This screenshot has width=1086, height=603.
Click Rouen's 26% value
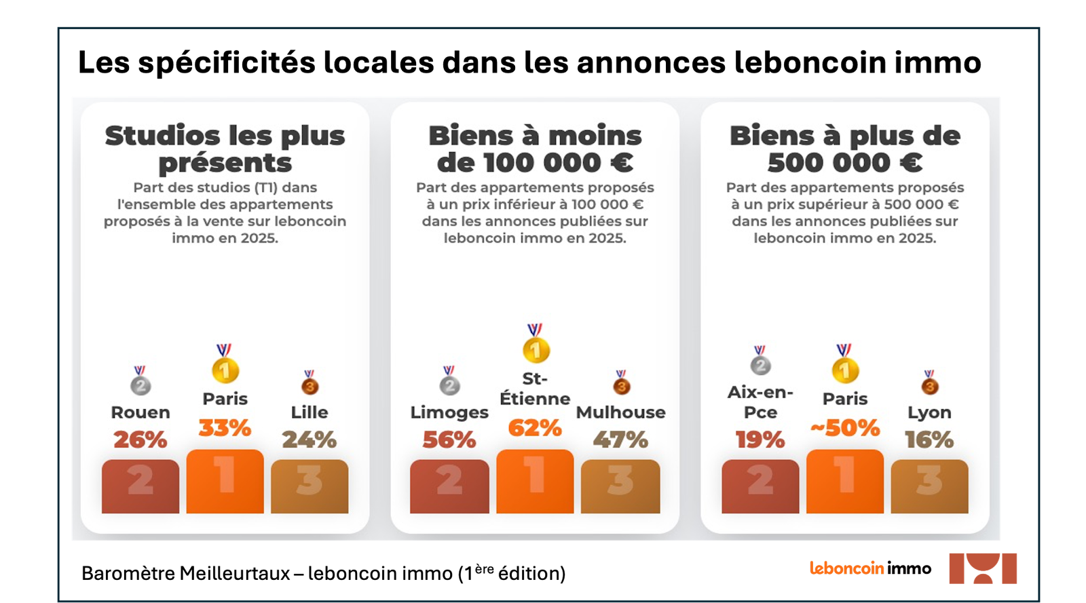(140, 440)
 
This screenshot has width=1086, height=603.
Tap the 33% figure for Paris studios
(225, 428)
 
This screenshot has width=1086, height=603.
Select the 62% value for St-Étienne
(535, 428)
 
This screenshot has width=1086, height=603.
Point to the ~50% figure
(844, 428)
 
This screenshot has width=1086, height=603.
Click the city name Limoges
(449, 412)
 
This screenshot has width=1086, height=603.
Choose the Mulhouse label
(620, 412)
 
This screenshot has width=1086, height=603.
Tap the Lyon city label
(929, 412)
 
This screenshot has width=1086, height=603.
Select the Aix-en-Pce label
(760, 402)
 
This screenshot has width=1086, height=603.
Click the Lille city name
(310, 412)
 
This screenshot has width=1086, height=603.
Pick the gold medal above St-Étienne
(536, 343)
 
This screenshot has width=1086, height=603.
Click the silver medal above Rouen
(140, 381)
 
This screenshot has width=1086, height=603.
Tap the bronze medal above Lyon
(929, 382)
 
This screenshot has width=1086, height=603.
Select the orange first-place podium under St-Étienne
(535, 482)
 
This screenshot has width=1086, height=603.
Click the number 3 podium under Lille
(310, 486)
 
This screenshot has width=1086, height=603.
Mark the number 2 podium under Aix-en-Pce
(760, 486)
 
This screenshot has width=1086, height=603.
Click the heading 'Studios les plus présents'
(225, 149)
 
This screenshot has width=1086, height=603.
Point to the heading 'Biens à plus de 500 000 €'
(844, 149)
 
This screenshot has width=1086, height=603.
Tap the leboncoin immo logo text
(870, 568)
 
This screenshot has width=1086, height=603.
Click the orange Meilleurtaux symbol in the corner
(983, 568)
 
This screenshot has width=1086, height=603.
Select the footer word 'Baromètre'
(128, 573)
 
